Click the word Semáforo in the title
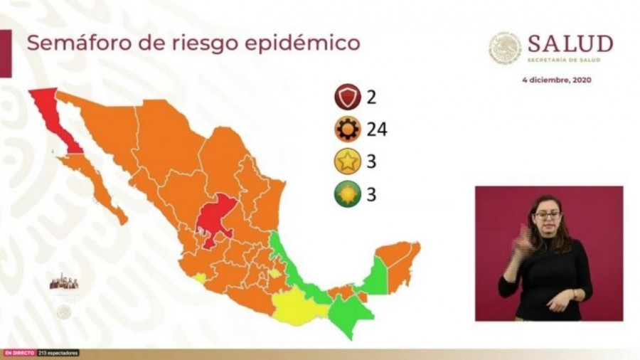tap(70, 43)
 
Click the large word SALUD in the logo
tap(570, 44)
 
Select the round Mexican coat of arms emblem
tap(505, 48)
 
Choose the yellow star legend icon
tap(348, 162)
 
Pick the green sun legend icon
tap(348, 194)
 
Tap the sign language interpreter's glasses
tap(547, 215)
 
